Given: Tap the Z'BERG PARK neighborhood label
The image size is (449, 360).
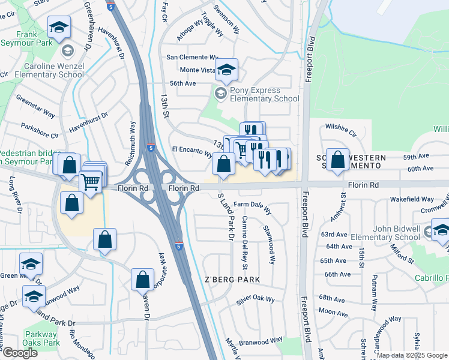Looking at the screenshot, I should coord(232,280).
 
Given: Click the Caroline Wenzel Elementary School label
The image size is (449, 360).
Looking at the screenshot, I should coord(53,70).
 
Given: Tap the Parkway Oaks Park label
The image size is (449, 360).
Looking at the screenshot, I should coord(42,338).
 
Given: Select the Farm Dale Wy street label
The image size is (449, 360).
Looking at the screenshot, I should coord(253,207).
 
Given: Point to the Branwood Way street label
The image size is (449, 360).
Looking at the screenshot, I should coord(259,340).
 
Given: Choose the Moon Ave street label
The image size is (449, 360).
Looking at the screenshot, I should coord(329,311).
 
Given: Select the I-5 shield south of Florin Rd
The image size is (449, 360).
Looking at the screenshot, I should coord(179,246).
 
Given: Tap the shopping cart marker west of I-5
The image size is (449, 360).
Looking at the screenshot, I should coord(90,181).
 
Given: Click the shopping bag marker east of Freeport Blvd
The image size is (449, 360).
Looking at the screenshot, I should coord(337,160).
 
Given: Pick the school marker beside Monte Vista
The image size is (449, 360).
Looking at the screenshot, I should coord(227,70).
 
